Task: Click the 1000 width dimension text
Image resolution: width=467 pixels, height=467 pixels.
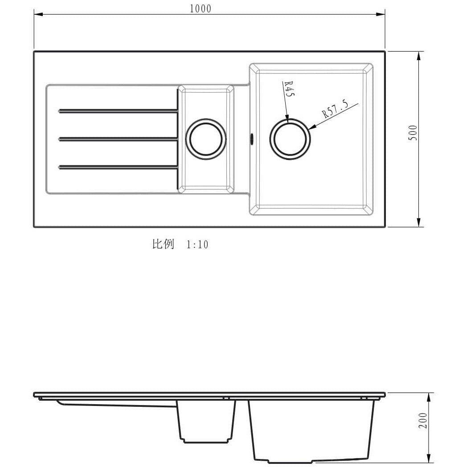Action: [201, 8]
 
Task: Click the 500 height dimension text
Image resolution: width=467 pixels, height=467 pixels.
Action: [413, 133]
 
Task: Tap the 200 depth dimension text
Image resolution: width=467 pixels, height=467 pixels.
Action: [422, 420]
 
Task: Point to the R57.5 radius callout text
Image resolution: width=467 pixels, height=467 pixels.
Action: [335, 109]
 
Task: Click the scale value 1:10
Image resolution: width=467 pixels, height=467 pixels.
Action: [197, 245]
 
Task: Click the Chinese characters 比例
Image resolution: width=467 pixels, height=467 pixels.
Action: [163, 244]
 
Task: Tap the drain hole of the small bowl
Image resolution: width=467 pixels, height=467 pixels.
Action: [206, 139]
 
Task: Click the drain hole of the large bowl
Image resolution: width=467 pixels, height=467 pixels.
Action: [290, 139]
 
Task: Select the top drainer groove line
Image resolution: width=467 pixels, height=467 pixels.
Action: [118, 111]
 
